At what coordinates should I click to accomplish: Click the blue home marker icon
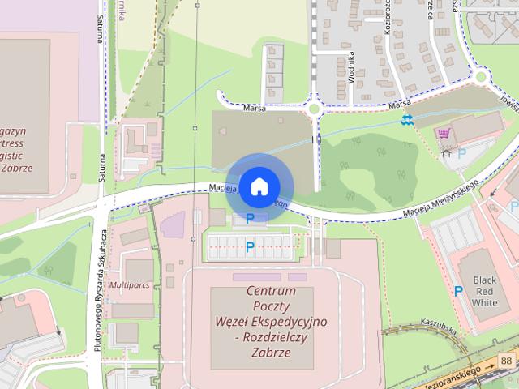click(x=258, y=186)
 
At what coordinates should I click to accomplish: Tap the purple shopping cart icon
click(x=444, y=133)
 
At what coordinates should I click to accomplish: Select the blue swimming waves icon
click(x=407, y=120)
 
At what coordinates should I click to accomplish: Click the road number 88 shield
click(x=507, y=359)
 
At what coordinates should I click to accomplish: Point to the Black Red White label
click(x=484, y=290)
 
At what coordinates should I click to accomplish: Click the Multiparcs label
click(x=131, y=285)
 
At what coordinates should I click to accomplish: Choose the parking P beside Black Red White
click(x=458, y=291)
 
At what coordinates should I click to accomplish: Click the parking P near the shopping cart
click(x=462, y=152)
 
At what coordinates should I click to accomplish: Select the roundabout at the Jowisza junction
click(x=481, y=78)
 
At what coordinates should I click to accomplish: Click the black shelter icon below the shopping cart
click(x=445, y=152)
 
